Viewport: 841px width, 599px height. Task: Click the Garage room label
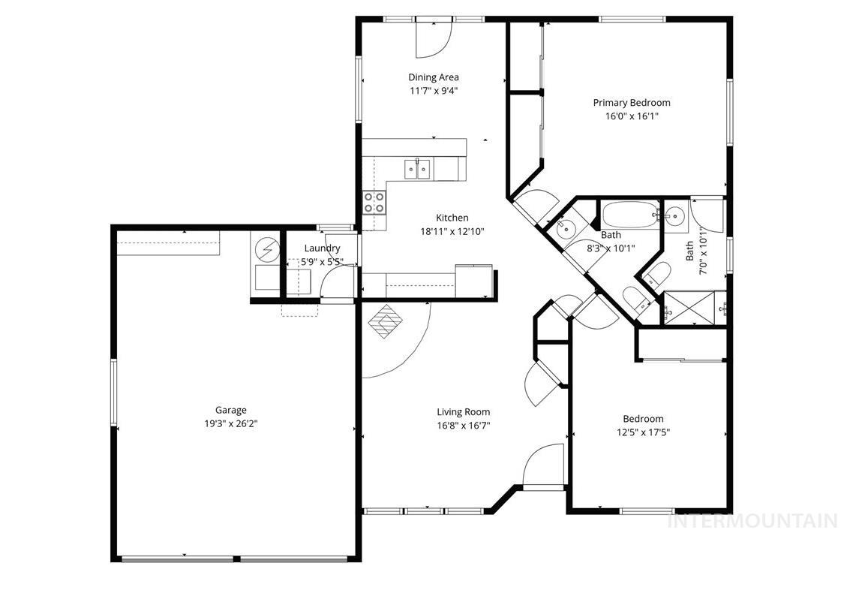click(230, 410)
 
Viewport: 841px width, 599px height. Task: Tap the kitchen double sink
click(417, 170)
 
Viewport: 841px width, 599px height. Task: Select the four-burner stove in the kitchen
click(374, 201)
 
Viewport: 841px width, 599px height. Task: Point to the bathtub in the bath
click(629, 215)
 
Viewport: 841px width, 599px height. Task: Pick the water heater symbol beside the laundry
click(266, 248)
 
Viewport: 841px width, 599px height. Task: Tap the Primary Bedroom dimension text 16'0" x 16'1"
click(631, 116)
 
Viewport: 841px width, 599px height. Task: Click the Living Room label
click(463, 411)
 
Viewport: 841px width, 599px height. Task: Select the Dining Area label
click(433, 77)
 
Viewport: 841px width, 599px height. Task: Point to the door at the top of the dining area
click(433, 38)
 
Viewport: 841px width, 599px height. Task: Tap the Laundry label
click(322, 248)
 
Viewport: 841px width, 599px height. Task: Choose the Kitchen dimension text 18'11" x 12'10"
click(452, 232)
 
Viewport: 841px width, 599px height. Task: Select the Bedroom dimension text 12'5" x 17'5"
click(642, 432)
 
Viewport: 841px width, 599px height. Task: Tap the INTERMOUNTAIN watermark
click(752, 520)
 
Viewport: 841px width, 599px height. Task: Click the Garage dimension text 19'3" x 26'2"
click(230, 423)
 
